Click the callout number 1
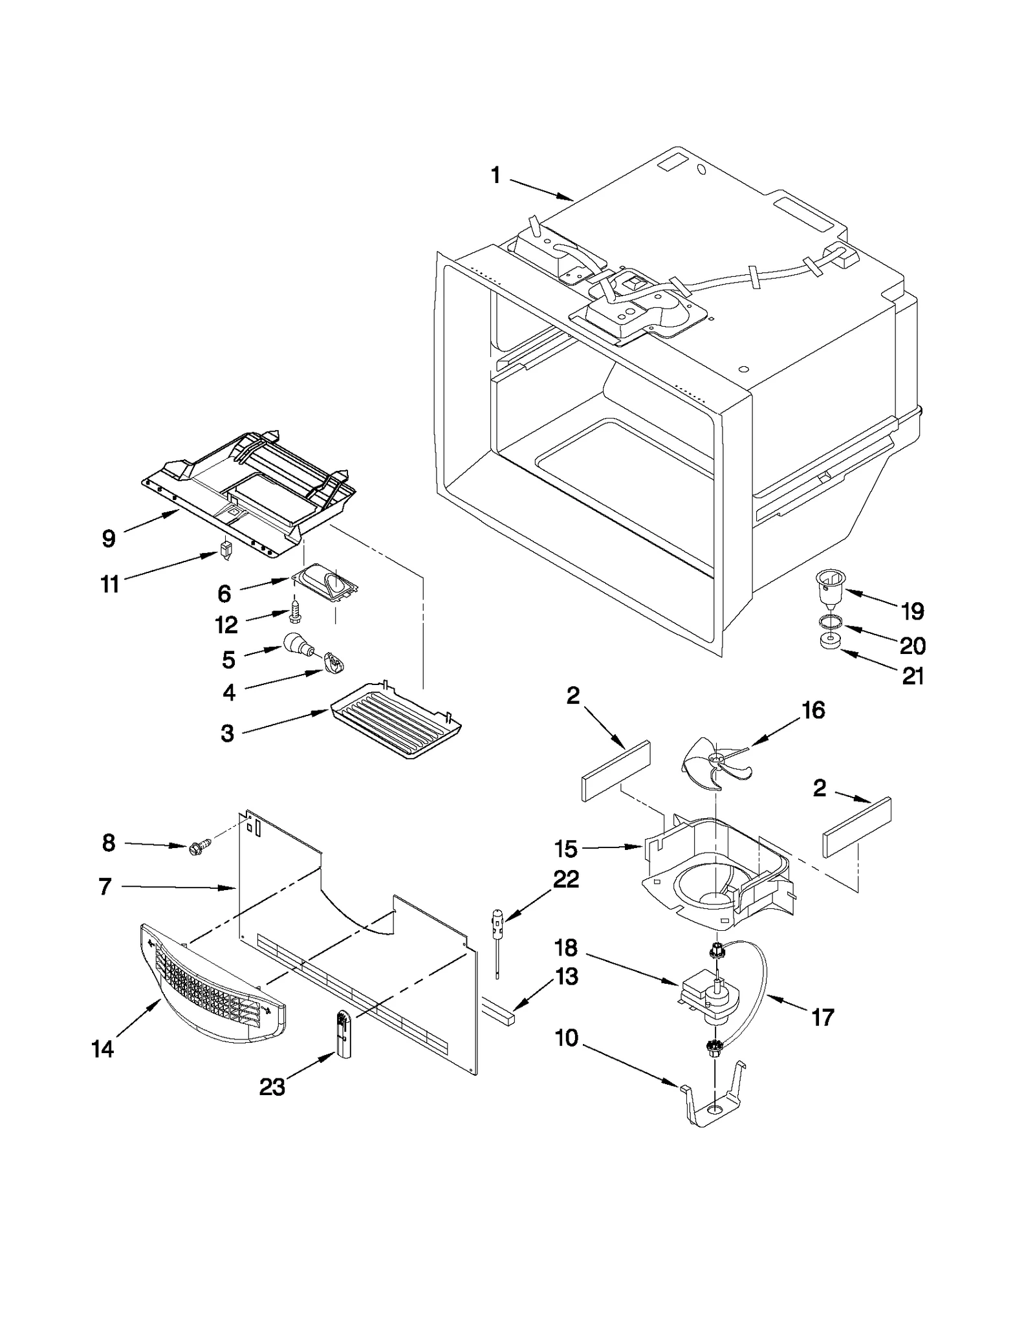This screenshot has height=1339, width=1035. pos(496,175)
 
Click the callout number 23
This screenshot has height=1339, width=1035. pos(272,1087)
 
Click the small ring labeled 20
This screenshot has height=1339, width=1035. pos(829,622)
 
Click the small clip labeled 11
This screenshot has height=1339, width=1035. pos(226,552)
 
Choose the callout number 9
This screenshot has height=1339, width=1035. pos(109,538)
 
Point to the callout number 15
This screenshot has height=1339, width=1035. pos(566,848)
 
